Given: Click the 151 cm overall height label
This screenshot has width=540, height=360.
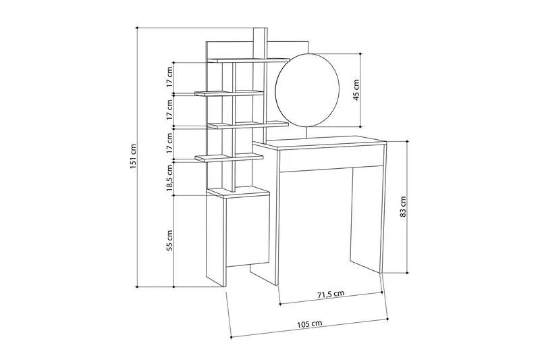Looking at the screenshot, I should (x=134, y=157).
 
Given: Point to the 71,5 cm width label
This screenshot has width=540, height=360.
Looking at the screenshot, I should (x=331, y=294).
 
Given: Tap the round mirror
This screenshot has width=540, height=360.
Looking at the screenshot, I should (x=306, y=91).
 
